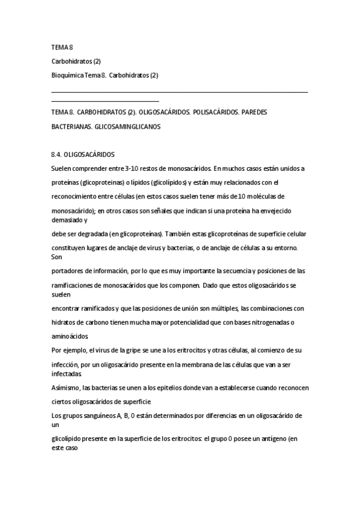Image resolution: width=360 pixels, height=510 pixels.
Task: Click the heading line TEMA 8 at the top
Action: [x=62, y=47]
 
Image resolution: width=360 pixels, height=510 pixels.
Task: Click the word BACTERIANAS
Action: [x=70, y=127]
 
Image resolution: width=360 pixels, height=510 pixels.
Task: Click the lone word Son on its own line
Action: [x=57, y=257]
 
